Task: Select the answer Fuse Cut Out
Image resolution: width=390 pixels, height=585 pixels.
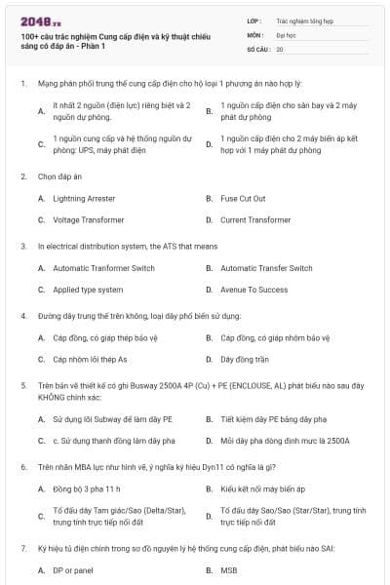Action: click(243, 199)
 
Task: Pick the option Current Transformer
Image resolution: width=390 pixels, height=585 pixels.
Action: click(255, 220)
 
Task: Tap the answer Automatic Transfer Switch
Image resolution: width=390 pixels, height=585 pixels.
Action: click(266, 268)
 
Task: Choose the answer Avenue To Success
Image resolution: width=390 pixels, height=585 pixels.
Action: click(253, 290)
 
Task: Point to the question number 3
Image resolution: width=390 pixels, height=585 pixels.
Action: click(22, 247)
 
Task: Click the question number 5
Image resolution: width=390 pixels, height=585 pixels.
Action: click(22, 385)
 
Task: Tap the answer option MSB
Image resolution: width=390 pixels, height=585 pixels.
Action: click(229, 570)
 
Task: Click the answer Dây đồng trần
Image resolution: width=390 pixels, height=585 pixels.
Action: click(246, 359)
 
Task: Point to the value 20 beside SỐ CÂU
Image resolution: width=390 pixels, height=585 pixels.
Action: click(280, 48)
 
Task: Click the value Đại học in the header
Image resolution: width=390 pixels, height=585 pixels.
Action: click(286, 33)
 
